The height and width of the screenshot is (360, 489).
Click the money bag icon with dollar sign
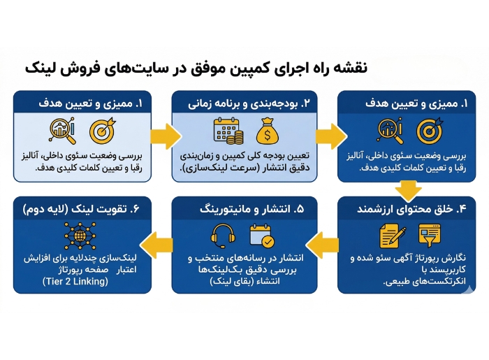point(268,131)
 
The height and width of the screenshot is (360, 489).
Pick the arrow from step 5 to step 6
point(163,242)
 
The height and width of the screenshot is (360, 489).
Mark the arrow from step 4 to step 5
point(324,242)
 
